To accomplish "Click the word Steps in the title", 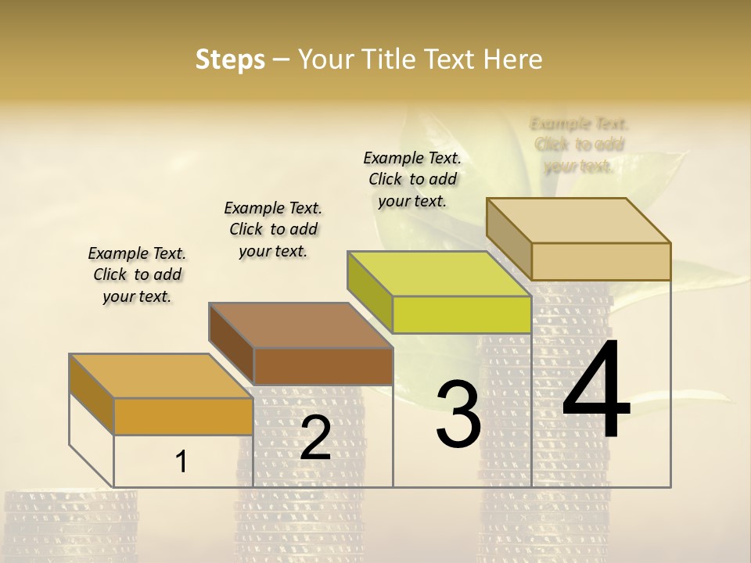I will (230, 59).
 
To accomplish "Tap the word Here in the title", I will (512, 59).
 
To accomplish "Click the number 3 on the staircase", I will (458, 414).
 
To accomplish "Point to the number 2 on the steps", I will (315, 438).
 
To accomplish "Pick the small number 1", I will (181, 462).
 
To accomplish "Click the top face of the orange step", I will (160, 376).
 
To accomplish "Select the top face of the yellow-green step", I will (439, 274).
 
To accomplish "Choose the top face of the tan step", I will (578, 221).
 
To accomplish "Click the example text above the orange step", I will (137, 274).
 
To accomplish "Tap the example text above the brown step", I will (273, 229).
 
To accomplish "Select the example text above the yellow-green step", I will (412, 179).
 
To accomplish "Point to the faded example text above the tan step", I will (579, 145).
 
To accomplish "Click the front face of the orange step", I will (183, 416).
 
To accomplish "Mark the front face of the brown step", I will (323, 366).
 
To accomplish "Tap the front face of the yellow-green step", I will (462, 314).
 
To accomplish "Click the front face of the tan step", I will (601, 261).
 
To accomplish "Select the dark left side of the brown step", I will (232, 344).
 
